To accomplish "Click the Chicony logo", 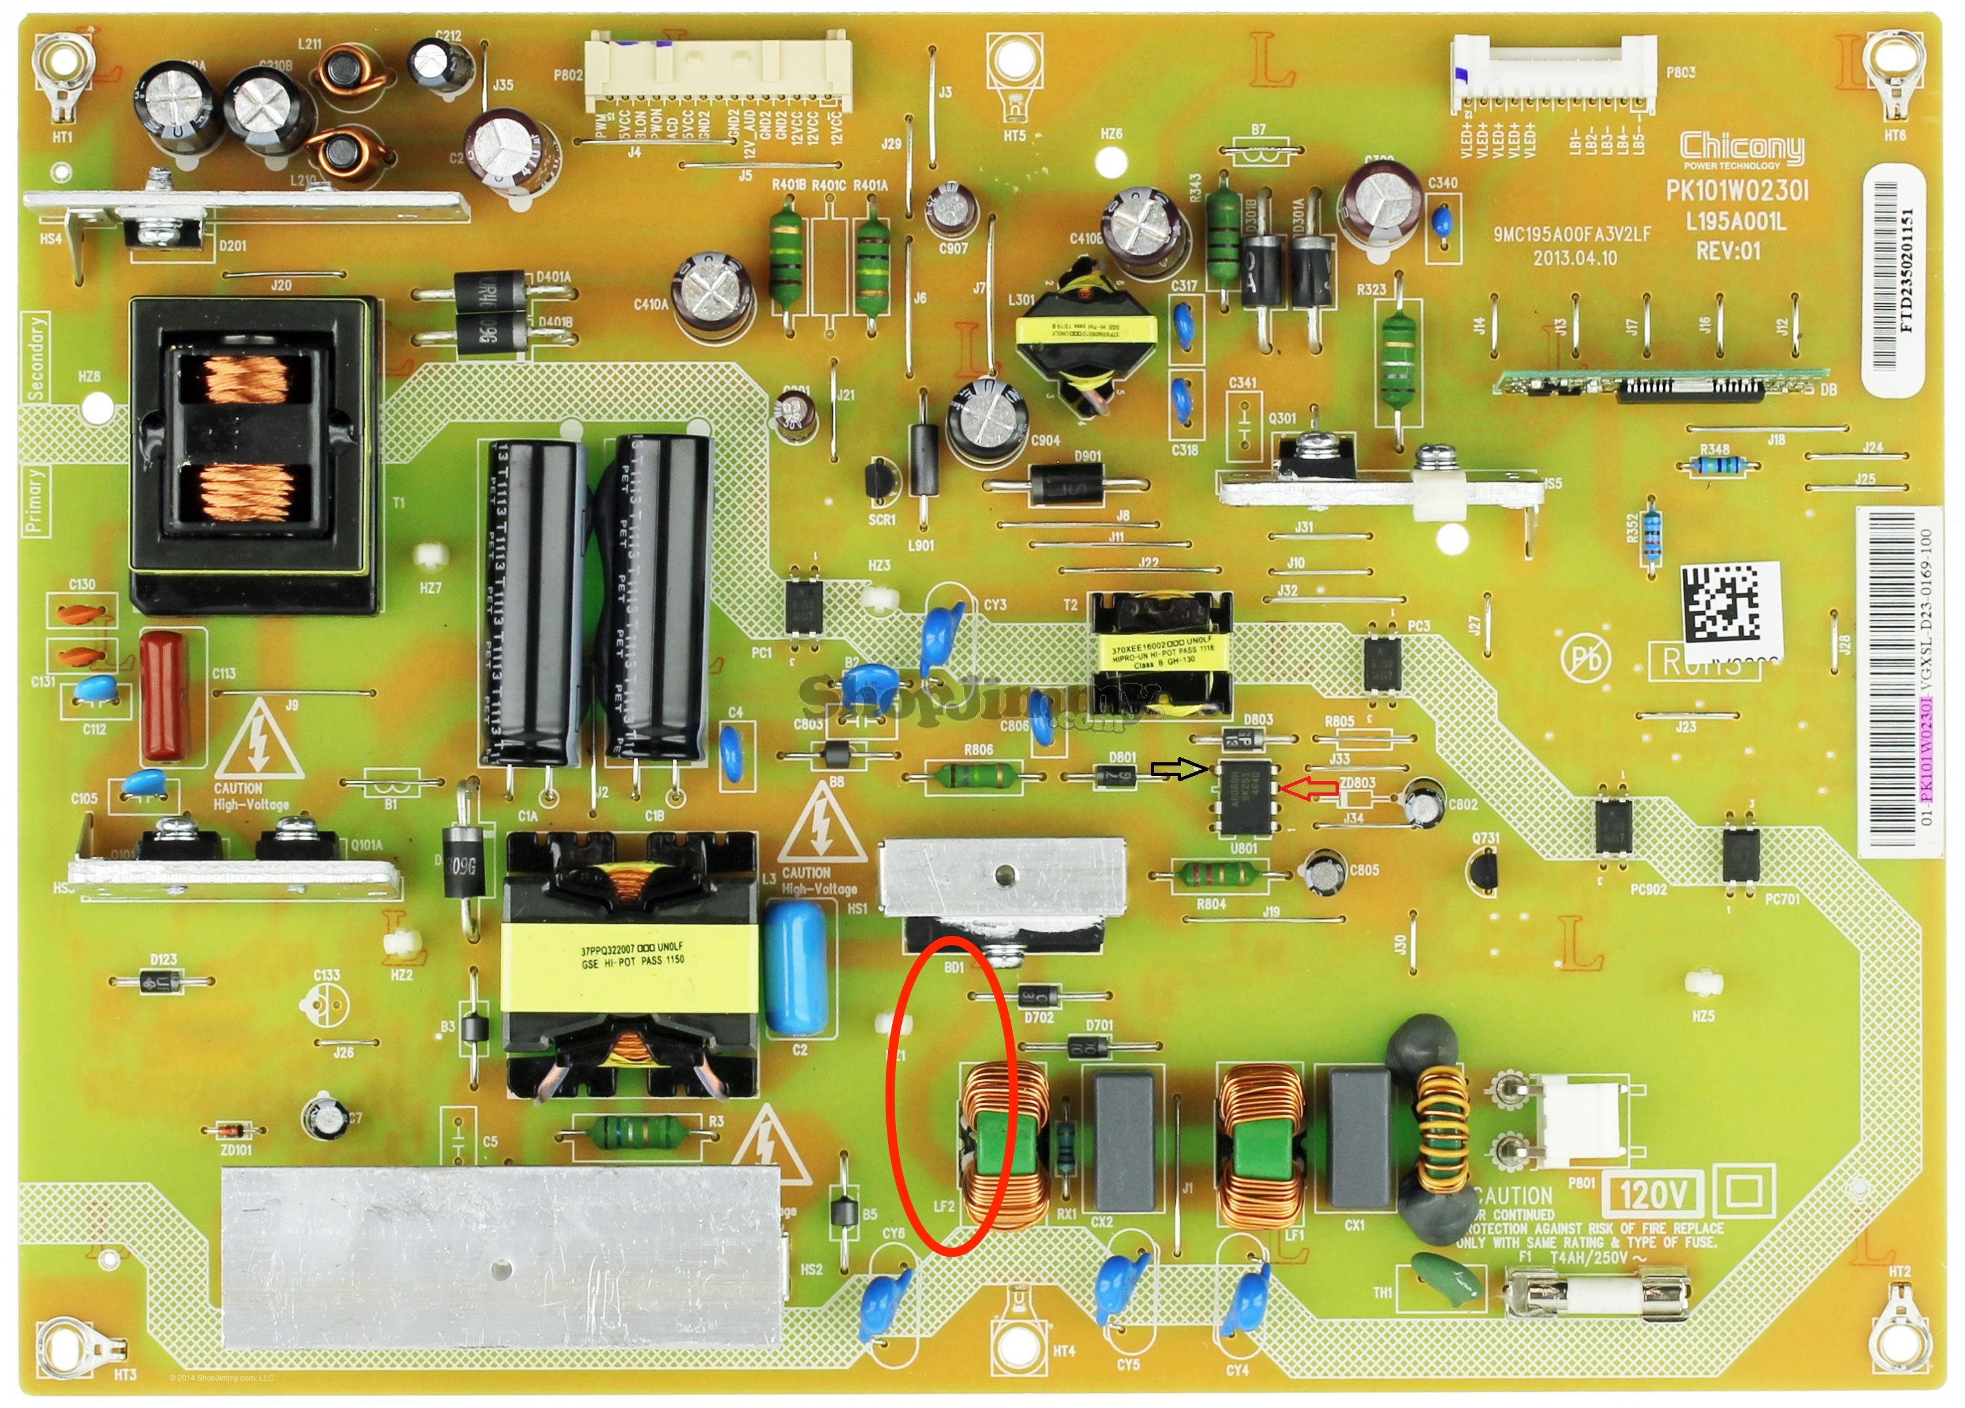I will tap(1742, 149).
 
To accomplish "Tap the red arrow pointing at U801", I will tap(1309, 788).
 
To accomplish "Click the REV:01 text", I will tap(1728, 252).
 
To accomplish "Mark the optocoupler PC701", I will tap(1740, 852).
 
